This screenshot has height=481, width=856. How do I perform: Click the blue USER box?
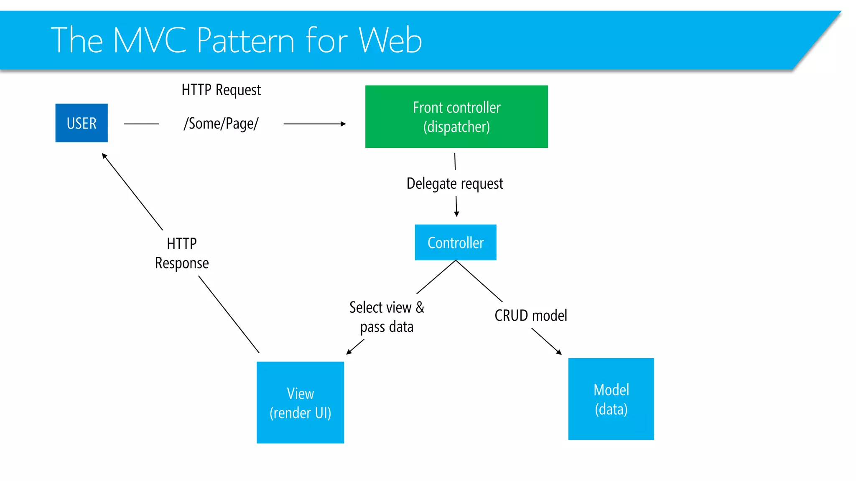pyautogui.click(x=82, y=123)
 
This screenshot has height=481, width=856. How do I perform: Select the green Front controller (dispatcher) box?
pyautogui.click(x=456, y=116)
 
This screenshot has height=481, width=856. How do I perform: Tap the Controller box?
pyautogui.click(x=455, y=242)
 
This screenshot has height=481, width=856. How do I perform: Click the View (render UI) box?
pyautogui.click(x=300, y=402)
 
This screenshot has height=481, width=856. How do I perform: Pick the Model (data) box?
pyautogui.click(x=611, y=399)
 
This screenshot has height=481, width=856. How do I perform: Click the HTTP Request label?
pyautogui.click(x=221, y=90)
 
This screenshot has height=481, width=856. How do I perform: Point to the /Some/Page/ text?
pyautogui.click(x=221, y=124)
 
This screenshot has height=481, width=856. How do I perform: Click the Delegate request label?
pyautogui.click(x=454, y=183)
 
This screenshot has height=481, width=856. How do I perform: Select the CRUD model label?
pyautogui.click(x=530, y=315)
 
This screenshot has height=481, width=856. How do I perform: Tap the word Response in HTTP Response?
pyautogui.click(x=182, y=263)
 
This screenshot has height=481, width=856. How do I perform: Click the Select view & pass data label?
pyautogui.click(x=387, y=316)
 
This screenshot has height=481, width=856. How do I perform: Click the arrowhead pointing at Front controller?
pyautogui.click(x=343, y=124)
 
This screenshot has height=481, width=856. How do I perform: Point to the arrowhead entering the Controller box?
pyautogui.click(x=456, y=214)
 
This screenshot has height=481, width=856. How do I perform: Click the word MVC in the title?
pyautogui.click(x=150, y=40)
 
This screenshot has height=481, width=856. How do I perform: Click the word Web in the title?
pyautogui.click(x=390, y=40)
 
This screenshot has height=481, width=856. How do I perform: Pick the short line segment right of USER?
pyautogui.click(x=141, y=124)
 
